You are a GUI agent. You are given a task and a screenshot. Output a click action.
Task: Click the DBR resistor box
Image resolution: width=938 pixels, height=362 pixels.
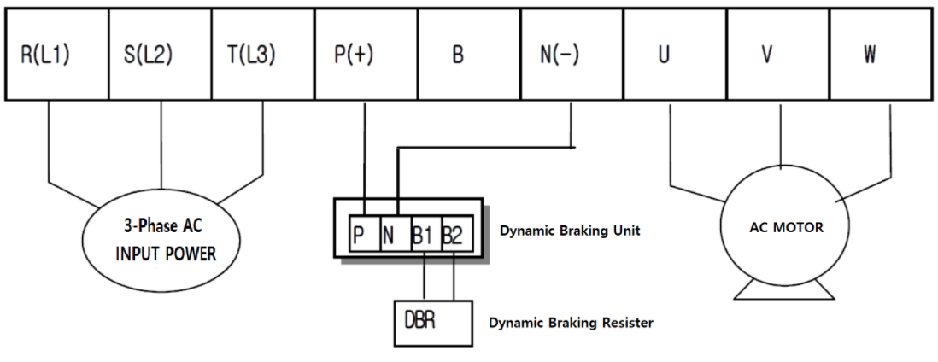pyautogui.click(x=432, y=322)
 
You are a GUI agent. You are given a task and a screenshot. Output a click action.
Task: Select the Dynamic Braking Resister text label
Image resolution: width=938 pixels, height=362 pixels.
pyautogui.click(x=571, y=324)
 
